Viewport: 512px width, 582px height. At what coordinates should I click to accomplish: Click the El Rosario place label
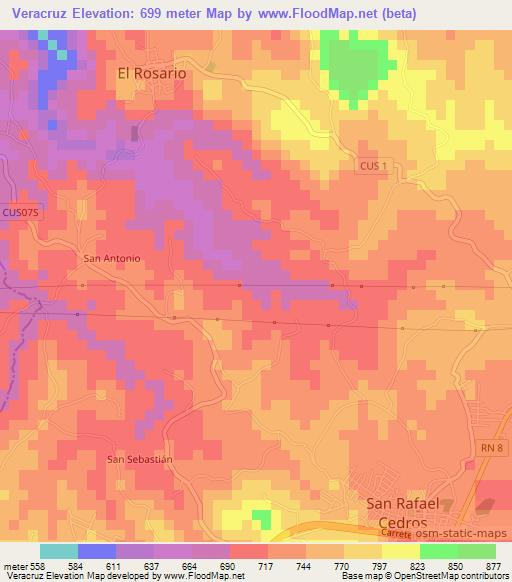pos(152,72)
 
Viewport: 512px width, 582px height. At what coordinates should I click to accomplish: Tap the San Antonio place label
pos(112,258)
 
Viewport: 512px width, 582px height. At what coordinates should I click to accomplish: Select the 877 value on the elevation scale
pos(495,566)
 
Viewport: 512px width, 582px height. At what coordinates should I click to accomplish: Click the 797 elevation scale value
pos(364,566)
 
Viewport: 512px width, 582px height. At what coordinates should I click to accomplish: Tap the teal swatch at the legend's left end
pos(59,551)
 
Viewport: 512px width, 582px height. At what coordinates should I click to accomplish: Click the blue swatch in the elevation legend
pos(97,551)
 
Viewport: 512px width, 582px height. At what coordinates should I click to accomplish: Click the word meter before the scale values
pos(15,566)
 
